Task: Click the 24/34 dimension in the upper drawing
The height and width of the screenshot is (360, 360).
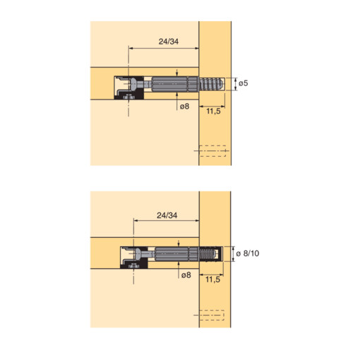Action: pyautogui.click(x=169, y=42)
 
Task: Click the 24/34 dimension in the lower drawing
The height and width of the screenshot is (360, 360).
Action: pyautogui.click(x=167, y=215)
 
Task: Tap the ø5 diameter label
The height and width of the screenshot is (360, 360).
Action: pyautogui.click(x=244, y=83)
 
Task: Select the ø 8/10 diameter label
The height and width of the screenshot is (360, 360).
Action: pyautogui.click(x=248, y=253)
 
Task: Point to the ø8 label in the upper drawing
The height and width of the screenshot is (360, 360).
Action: pyautogui.click(x=184, y=107)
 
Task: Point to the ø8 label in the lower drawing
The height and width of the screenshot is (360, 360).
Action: pyautogui.click(x=186, y=275)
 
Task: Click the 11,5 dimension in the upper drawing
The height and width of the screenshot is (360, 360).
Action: pyautogui.click(x=213, y=111)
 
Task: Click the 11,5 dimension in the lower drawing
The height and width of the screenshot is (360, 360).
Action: pyautogui.click(x=212, y=280)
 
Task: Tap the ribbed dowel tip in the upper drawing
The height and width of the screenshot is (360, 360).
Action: pyautogui.click(x=211, y=84)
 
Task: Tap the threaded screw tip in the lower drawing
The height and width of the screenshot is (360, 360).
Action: pyautogui.click(x=208, y=254)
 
